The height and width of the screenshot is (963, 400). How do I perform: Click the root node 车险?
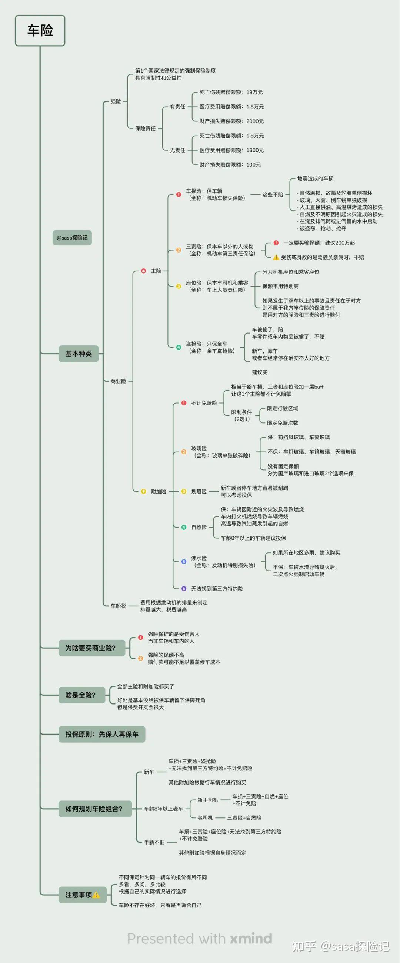[x=40, y=31]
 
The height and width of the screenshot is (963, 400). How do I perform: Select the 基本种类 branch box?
[x=79, y=354]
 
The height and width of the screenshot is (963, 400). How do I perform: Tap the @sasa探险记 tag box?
[x=72, y=238]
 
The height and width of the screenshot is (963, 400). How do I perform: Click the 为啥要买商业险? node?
[x=91, y=648]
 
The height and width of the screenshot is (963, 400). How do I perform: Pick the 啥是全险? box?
[x=81, y=695]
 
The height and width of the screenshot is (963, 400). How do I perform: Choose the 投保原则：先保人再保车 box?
[x=102, y=734]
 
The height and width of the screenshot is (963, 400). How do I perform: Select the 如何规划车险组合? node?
[x=95, y=809]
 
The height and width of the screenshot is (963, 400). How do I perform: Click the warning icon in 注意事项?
[x=96, y=895]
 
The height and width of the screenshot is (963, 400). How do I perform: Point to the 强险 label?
[x=116, y=101]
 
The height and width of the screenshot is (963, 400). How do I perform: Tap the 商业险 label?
[x=118, y=381]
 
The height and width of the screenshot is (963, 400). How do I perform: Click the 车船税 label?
[x=118, y=606]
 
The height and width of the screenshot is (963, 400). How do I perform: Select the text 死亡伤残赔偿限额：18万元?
[x=231, y=92]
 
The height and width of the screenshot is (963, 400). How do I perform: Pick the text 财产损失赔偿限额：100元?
[x=230, y=164]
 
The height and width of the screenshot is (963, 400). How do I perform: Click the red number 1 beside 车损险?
[x=179, y=194]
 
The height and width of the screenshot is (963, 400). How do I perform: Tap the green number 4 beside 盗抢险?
[x=179, y=347]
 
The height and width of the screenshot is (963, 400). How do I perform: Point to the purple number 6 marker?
[x=184, y=588]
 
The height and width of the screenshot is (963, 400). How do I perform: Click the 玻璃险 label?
[x=199, y=448]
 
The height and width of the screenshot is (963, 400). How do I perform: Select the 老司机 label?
[x=205, y=817]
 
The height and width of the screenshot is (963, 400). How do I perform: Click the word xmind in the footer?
[x=251, y=938]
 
